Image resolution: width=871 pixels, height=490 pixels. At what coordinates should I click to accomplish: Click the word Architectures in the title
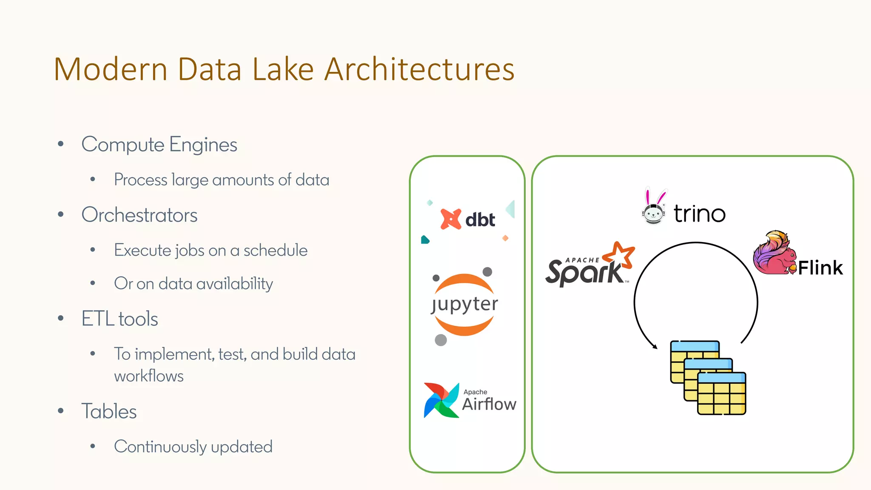[419, 69]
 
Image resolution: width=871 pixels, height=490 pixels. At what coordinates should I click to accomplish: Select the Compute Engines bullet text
[159, 145]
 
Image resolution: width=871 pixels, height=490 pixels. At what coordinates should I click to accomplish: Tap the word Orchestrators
[139, 215]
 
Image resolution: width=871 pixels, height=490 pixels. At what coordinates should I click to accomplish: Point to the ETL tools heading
[120, 319]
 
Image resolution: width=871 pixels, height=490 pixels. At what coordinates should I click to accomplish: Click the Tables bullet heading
[109, 412]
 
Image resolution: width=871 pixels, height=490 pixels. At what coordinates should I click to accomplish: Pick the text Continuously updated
[193, 447]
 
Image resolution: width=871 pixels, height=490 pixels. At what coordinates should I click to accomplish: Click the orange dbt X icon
[450, 219]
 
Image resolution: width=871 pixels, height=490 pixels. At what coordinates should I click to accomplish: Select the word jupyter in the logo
[464, 304]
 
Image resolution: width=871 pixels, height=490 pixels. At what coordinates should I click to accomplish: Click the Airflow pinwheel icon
[441, 400]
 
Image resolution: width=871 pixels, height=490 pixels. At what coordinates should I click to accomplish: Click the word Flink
[820, 268]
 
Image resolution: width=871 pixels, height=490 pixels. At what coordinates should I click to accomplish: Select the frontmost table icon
[722, 393]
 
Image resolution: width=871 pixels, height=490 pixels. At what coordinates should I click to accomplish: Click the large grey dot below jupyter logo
[441, 340]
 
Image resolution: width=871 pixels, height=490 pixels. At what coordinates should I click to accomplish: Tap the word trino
[700, 214]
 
